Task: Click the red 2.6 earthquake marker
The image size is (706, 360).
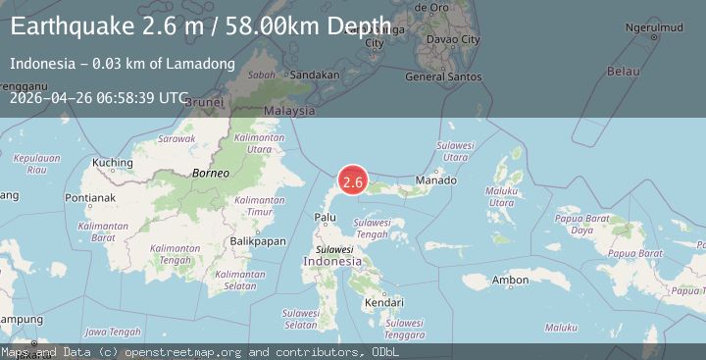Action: [353, 181]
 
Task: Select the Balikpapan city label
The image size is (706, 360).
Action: [257, 240]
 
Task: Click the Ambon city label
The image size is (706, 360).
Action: [511, 281]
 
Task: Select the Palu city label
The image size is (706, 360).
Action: [325, 217]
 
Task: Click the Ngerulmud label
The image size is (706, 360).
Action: [653, 26]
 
